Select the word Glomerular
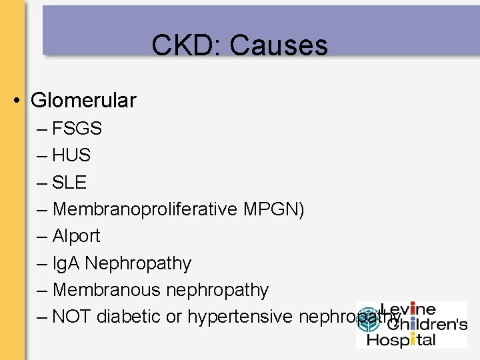[83, 101]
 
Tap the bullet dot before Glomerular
[18, 101]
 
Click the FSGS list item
[77, 128]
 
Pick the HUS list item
[71, 155]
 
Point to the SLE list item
[69, 182]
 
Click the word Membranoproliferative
[145, 209]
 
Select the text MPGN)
[274, 209]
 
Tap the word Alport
[76, 236]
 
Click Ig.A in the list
[66, 263]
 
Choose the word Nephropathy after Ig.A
[138, 263]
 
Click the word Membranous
[107, 290]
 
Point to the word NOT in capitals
[71, 317]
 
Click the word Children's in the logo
[427, 325]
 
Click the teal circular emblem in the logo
[367, 323]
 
